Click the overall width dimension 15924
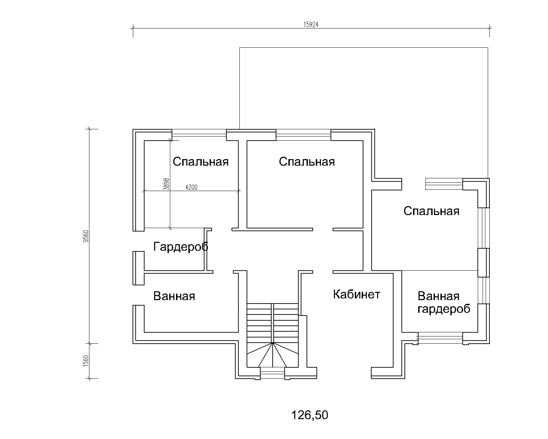(x=311, y=24)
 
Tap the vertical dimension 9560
(x=86, y=236)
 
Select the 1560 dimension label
(x=86, y=361)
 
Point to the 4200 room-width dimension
(x=191, y=187)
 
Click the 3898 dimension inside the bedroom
(x=166, y=184)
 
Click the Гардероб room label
(x=181, y=247)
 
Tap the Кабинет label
(x=357, y=294)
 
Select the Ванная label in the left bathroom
(x=174, y=296)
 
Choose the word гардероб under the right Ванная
(x=444, y=309)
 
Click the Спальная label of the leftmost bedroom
(x=201, y=162)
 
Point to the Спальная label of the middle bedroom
(x=307, y=162)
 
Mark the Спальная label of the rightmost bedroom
(x=432, y=211)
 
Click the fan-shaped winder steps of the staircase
(x=273, y=355)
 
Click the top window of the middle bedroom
(x=303, y=135)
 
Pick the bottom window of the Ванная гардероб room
(x=440, y=338)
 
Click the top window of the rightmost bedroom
(x=444, y=184)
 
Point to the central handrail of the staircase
(x=273, y=323)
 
